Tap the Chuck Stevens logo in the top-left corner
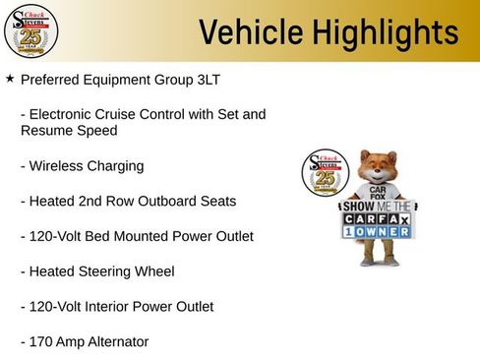click(x=30, y=30)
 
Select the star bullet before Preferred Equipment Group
click(x=10, y=77)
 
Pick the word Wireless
click(x=56, y=166)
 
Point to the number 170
click(x=43, y=342)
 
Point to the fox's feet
click(x=378, y=263)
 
